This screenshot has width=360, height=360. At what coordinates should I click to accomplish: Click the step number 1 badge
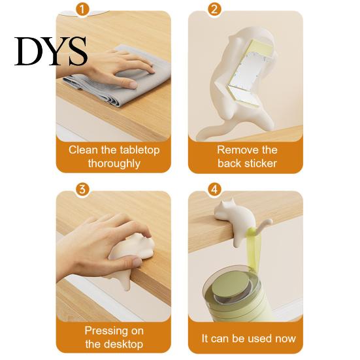82,10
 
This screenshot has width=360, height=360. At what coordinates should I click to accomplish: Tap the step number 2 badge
214,10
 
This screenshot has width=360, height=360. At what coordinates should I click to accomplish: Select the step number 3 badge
82,189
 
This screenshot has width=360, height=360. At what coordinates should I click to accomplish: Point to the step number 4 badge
214,189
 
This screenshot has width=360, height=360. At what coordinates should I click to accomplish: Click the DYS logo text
51,51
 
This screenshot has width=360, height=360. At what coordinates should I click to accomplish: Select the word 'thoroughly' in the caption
114,164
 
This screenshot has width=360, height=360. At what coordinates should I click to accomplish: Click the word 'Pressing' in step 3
102,331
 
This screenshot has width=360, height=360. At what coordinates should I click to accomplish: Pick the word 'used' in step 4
258,338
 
